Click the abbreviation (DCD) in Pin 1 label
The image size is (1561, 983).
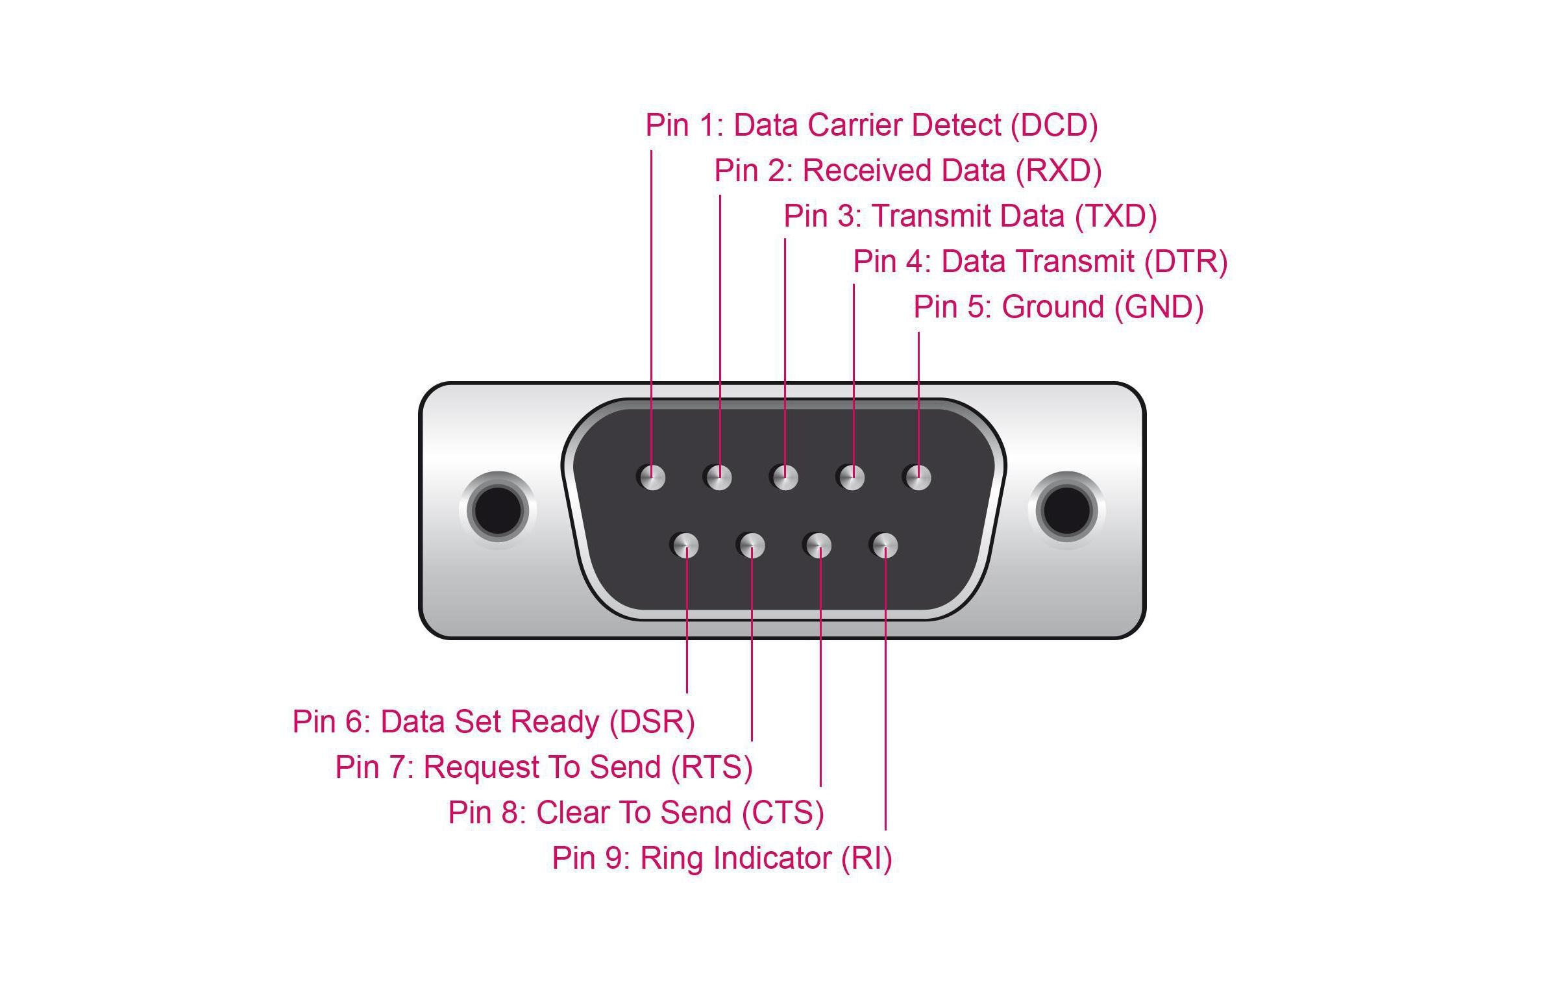point(1054,125)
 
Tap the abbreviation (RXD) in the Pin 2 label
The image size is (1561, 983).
point(1059,171)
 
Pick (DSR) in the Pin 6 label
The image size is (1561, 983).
point(652,722)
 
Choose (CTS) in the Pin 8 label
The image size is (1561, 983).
point(783,813)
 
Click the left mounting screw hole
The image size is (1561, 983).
point(498,510)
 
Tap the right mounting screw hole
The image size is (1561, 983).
point(1066,510)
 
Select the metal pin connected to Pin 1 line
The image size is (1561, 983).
point(652,478)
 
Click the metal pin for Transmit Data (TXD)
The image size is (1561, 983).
point(785,478)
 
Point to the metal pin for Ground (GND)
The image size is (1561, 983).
point(918,478)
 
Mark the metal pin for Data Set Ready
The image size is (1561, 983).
point(685,545)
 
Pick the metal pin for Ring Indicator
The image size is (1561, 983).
point(885,545)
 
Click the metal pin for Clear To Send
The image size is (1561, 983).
point(818,545)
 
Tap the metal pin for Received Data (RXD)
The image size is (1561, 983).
point(719,478)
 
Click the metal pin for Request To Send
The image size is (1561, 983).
point(752,545)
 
